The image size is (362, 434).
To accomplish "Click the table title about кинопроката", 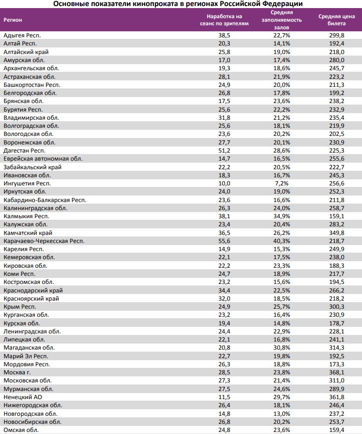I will (182, 4).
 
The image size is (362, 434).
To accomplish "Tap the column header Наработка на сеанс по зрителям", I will (221, 20).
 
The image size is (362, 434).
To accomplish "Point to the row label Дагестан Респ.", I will (24, 151).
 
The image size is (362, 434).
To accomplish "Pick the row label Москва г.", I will (17, 372).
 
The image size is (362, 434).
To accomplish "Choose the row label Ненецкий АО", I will (22, 397).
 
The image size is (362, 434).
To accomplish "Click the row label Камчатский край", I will (27, 233).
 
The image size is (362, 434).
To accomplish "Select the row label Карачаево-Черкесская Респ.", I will (43, 241).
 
